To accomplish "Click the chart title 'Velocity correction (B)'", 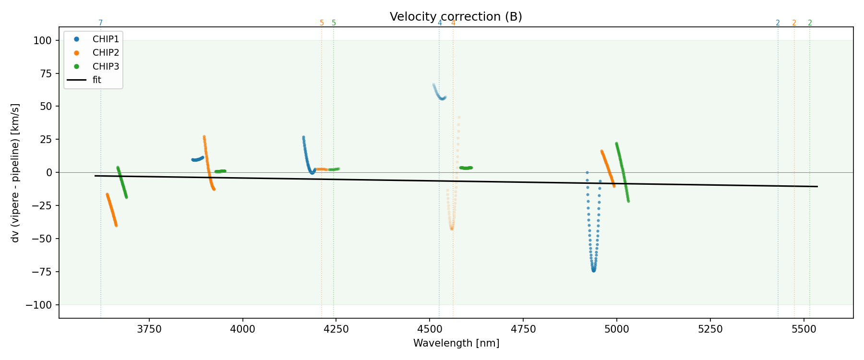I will pos(456,17).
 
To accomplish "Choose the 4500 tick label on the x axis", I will pos(430,329).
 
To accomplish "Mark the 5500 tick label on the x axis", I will pos(804,329).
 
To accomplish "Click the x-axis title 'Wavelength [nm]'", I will pos(456,344).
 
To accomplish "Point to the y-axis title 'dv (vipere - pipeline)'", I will pos(15,173).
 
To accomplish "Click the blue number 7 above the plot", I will pos(100,23).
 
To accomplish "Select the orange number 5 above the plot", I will pos(322,23).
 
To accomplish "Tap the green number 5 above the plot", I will pos(334,23).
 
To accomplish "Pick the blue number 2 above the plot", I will pos(778,23).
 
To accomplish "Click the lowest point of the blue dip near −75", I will pos(594,271).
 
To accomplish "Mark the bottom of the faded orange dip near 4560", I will pos(452,228).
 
